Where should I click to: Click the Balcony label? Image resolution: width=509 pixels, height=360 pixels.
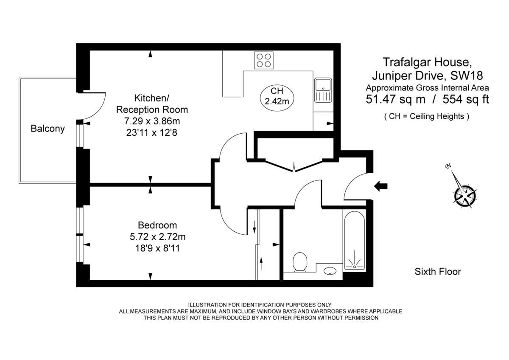point(48,129)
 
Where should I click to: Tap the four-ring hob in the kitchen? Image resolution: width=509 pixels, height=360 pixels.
point(263,60)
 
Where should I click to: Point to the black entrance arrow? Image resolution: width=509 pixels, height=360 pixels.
point(381,186)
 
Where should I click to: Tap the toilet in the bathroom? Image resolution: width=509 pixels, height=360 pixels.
point(300,262)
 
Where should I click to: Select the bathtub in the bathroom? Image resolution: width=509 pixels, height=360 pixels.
point(354,240)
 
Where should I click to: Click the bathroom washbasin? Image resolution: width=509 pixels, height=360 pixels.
point(330,270)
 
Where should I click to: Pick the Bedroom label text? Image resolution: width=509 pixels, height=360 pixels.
point(157,225)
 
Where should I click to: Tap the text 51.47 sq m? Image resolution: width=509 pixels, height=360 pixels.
point(394,100)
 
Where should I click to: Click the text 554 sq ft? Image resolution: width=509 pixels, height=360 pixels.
point(466,100)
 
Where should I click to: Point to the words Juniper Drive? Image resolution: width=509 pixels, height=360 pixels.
point(407,76)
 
